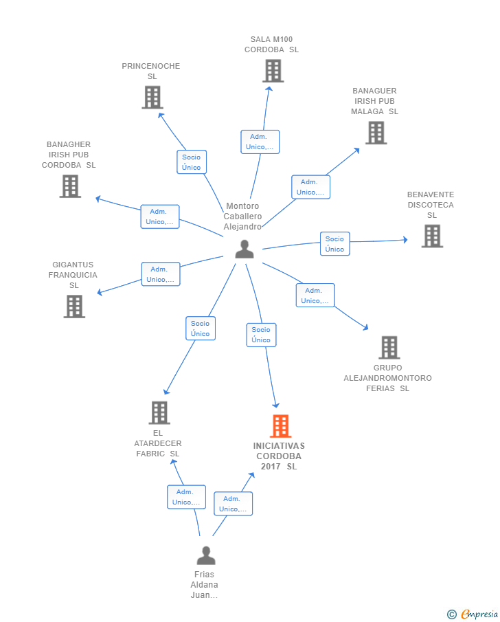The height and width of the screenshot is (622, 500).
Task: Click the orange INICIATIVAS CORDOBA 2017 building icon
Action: click(x=280, y=425)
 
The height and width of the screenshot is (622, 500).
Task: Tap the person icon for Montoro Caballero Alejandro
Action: click(x=245, y=249)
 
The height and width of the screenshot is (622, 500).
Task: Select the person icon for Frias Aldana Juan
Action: click(x=206, y=555)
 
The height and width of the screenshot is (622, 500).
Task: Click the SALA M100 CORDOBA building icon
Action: click(x=273, y=71)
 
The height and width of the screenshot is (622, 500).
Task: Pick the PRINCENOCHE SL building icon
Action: click(x=152, y=97)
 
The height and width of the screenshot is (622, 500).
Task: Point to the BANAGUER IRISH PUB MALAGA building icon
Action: click(x=376, y=133)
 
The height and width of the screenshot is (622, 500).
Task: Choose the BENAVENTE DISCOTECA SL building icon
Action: click(x=432, y=236)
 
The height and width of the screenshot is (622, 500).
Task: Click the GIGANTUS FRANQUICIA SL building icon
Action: click(x=75, y=307)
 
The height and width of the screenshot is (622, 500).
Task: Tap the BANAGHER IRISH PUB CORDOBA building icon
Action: click(x=70, y=186)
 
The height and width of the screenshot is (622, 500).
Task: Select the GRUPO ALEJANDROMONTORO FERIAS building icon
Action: click(x=389, y=348)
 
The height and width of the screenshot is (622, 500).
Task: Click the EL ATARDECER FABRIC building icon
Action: click(x=159, y=412)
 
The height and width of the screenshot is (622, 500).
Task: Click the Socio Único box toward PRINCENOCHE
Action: click(x=192, y=162)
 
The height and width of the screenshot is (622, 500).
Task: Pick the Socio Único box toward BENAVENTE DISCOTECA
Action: click(x=335, y=243)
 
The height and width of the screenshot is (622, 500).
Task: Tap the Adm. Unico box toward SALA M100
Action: click(x=260, y=142)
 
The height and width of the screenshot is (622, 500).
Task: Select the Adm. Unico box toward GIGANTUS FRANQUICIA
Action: click(x=161, y=274)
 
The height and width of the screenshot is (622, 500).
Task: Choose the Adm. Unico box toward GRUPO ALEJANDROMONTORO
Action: click(x=315, y=295)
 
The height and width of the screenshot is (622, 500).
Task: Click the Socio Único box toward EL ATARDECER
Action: click(x=201, y=328)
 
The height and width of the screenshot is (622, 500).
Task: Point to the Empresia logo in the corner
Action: click(x=473, y=614)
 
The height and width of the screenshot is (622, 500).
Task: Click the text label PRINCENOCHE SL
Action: click(x=151, y=71)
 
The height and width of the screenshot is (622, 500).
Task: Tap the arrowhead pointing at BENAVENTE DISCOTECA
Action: click(x=405, y=240)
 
